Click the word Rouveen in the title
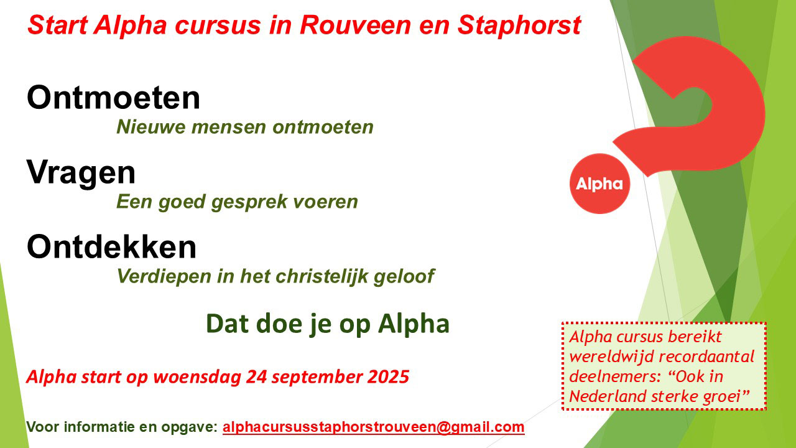(x=355, y=26)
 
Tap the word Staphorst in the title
(x=519, y=26)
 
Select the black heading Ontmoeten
(x=114, y=97)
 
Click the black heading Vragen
(x=81, y=173)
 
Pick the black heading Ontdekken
(x=111, y=246)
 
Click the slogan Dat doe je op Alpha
(x=328, y=324)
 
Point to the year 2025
(x=388, y=377)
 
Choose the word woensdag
(x=197, y=378)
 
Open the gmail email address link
(x=374, y=427)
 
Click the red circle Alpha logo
(x=599, y=184)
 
